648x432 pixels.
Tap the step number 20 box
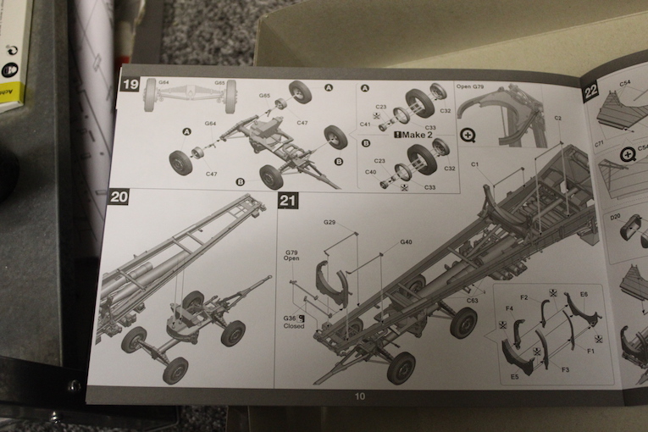point(119,197)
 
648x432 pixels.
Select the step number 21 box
point(288,201)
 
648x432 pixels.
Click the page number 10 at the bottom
point(360,396)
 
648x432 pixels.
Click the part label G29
point(330,222)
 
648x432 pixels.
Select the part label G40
point(407,242)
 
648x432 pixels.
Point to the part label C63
point(471,300)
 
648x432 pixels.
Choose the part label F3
point(564,370)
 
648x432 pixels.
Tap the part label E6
point(584,294)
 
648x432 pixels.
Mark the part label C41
point(364,125)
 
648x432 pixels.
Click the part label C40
point(370,172)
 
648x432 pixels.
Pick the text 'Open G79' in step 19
point(471,86)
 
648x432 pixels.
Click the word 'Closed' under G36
point(294,326)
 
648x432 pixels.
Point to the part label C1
point(474,163)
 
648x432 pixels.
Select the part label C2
point(559,118)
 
